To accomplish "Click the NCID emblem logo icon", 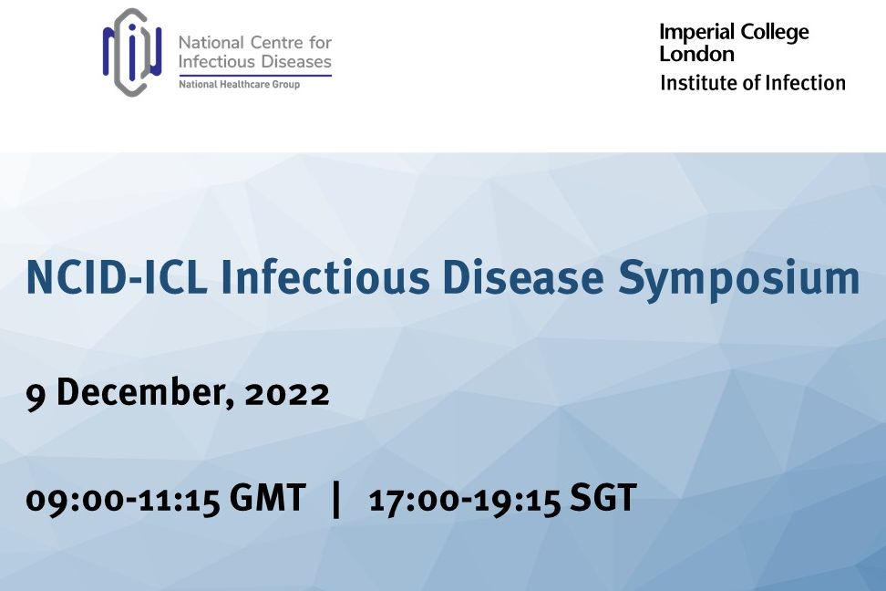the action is click(132, 52).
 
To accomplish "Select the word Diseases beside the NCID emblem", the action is click(295, 61).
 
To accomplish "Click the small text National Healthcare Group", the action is click(239, 84).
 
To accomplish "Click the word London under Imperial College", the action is click(696, 55).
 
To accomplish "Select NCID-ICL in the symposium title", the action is click(117, 277).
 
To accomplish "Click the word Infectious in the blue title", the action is click(325, 277).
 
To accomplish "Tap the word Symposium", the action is click(738, 280).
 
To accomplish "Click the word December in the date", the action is click(145, 391).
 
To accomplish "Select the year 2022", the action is click(287, 394).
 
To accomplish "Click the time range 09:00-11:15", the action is click(123, 500).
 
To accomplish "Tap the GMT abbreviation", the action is click(267, 497).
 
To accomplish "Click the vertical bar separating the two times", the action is click(336, 499).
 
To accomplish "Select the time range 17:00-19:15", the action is click(465, 500).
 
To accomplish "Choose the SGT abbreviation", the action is click(603, 497).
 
